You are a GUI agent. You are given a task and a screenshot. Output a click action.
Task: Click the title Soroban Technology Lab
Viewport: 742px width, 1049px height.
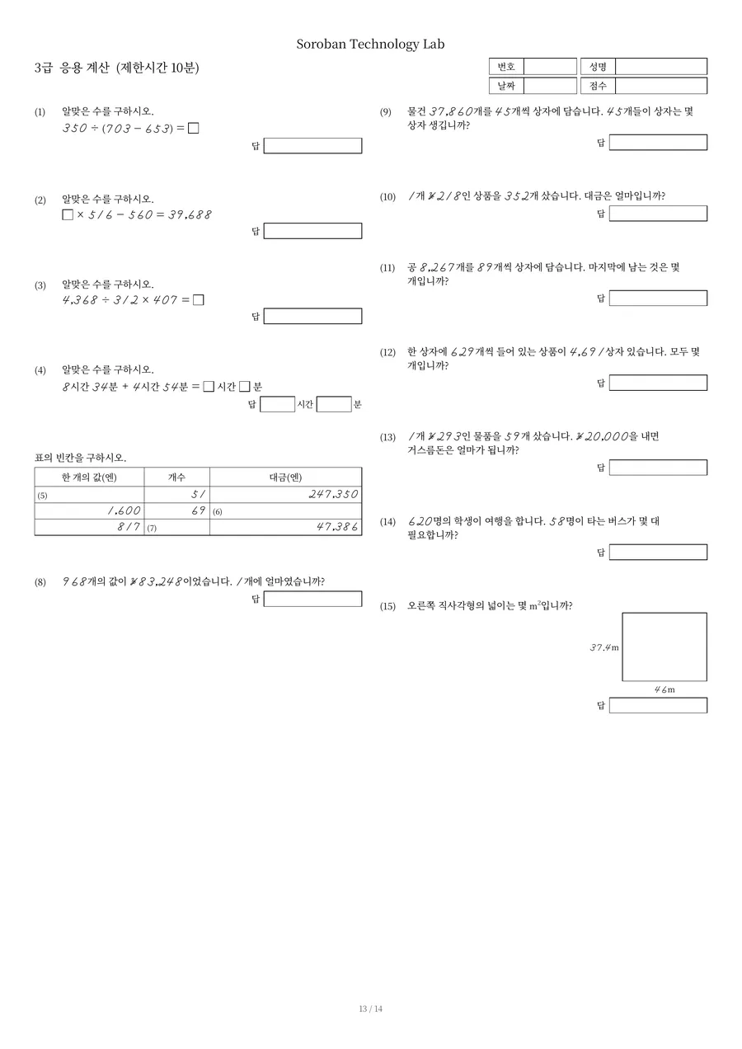tap(370, 44)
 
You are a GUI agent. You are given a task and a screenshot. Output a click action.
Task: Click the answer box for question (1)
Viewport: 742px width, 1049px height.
tap(312, 146)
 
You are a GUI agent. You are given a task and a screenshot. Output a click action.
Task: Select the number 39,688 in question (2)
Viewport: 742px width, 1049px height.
tap(190, 215)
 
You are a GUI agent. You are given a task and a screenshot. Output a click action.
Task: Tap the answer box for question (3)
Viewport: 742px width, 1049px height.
tap(312, 316)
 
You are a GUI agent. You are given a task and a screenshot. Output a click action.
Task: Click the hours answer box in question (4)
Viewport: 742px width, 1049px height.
tap(277, 404)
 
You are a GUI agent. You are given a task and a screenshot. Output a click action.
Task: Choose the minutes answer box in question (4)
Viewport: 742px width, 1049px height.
tap(334, 404)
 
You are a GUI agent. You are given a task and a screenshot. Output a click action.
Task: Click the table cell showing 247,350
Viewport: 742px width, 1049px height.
tap(285, 495)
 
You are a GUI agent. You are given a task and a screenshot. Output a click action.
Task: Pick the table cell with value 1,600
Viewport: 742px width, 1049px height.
tap(89, 511)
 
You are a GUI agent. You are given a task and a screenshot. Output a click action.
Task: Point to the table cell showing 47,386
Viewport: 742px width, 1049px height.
tap(285, 527)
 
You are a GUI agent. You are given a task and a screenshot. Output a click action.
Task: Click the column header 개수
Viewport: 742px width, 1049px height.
tap(176, 477)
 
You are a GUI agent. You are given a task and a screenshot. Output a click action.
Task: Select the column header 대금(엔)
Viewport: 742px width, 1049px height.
tap(285, 477)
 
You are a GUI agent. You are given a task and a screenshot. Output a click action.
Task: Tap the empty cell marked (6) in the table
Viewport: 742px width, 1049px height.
tap(285, 511)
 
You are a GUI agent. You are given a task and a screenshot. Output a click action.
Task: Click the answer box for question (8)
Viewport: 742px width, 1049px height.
tap(312, 599)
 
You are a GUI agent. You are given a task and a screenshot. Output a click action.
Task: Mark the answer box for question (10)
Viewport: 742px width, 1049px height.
tap(658, 214)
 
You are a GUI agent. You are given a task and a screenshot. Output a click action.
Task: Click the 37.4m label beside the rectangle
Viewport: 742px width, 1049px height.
tap(603, 647)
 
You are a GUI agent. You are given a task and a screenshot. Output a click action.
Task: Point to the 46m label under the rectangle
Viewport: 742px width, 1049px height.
tap(665, 689)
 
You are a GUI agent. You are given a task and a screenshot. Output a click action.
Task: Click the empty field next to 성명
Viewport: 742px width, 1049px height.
tap(661, 67)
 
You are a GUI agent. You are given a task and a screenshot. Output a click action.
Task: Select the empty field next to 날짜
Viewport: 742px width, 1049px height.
tap(550, 86)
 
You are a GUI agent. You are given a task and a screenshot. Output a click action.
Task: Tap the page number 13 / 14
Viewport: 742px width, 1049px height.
tap(370, 1009)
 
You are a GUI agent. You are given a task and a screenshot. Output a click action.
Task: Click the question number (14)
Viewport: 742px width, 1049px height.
tap(387, 522)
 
